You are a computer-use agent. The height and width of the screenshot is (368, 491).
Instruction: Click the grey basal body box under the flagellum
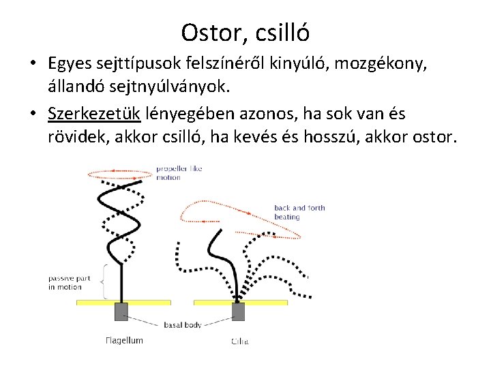click(x=121, y=311)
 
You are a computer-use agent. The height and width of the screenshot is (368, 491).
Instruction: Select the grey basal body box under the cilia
click(x=238, y=311)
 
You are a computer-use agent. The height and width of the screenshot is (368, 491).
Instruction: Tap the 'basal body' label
click(x=183, y=325)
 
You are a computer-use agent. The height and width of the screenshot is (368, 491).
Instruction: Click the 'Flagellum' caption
click(x=125, y=340)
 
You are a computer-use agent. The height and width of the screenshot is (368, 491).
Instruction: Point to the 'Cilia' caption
click(x=239, y=341)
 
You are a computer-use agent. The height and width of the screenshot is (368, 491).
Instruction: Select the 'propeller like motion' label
click(x=179, y=172)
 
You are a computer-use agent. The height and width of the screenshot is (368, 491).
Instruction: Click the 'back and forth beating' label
click(x=299, y=212)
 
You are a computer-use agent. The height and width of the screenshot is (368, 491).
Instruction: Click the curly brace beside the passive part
click(x=104, y=281)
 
